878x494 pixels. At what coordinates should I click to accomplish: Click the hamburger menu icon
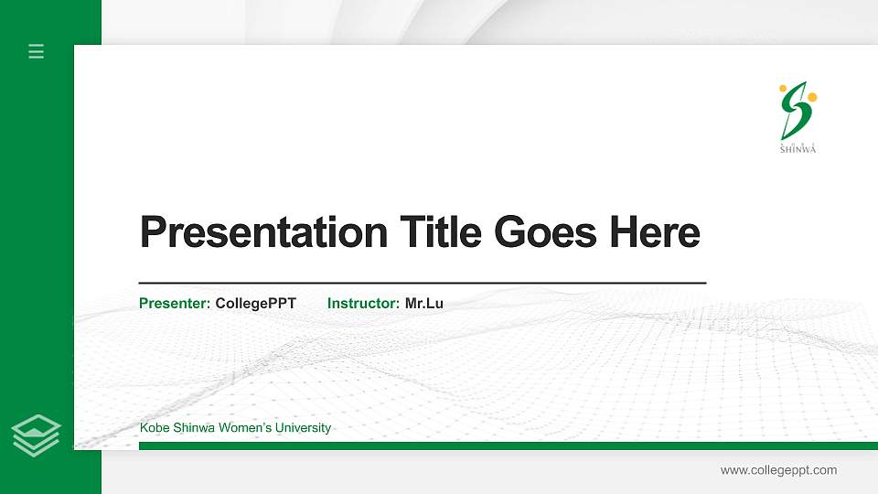pos(37,51)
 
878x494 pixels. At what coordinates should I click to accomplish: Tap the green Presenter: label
pos(175,304)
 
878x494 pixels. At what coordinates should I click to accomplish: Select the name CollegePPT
pos(256,304)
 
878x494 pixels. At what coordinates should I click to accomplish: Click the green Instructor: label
pos(363,304)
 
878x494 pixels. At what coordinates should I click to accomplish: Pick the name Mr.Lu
pos(424,304)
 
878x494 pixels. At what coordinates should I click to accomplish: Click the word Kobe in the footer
pos(154,428)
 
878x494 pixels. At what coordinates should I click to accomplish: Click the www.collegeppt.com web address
pos(778,470)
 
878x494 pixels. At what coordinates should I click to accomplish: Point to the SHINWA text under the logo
pos(798,149)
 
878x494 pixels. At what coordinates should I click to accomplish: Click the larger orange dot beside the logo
pos(812,97)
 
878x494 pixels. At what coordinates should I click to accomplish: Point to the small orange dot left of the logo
pos(783,88)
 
